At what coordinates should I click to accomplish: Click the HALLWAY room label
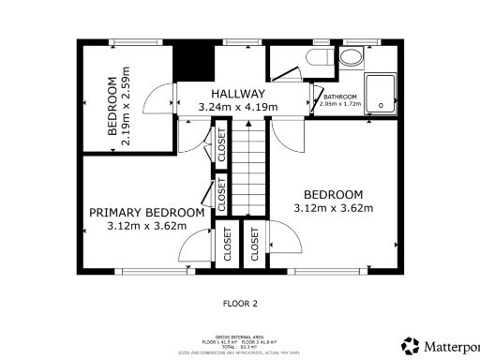tap(237, 95)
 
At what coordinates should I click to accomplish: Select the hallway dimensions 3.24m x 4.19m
tap(237, 109)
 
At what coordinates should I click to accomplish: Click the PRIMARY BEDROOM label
tap(146, 212)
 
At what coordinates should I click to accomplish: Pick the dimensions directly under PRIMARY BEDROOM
tap(146, 226)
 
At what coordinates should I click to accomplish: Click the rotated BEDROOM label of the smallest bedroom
tap(112, 106)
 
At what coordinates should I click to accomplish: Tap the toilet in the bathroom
tap(316, 58)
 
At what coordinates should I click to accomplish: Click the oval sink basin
tap(352, 58)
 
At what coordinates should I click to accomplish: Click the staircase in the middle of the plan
tap(250, 169)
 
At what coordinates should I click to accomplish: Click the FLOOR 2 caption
tap(239, 304)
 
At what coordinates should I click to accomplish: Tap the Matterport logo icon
tap(411, 345)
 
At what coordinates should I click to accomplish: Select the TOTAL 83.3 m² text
tap(239, 346)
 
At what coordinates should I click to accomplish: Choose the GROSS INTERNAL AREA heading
tap(239, 336)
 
